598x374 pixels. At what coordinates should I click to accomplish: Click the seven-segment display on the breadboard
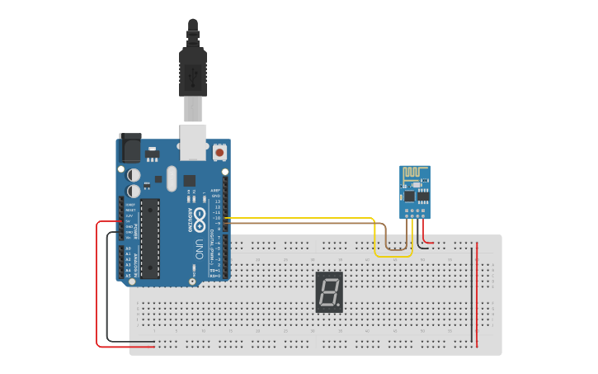[329, 292]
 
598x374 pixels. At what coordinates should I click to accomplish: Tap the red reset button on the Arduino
[219, 153]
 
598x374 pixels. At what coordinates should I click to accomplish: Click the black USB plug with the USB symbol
[193, 73]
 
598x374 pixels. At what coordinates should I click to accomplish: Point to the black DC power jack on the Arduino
[130, 148]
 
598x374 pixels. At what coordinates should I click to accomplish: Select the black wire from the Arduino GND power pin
[107, 289]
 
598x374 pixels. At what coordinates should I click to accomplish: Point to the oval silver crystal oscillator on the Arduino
[171, 178]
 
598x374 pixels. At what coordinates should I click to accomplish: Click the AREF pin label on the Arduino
[217, 189]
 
